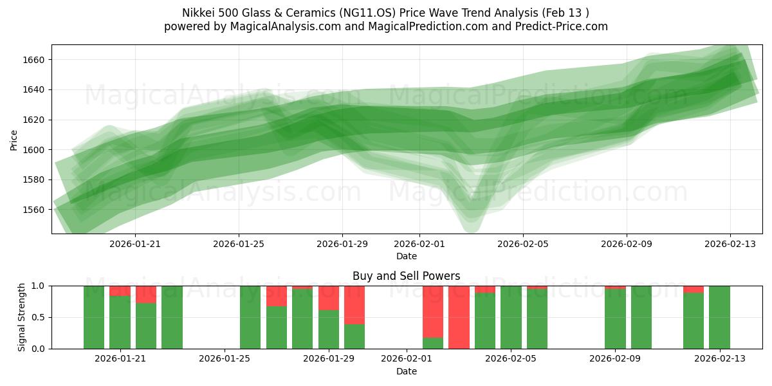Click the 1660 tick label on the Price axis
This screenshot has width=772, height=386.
click(x=35, y=60)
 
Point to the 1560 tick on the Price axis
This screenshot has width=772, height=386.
click(x=35, y=210)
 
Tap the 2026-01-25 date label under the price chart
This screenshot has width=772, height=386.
click(x=239, y=244)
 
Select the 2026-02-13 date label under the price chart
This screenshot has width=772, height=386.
click(x=730, y=244)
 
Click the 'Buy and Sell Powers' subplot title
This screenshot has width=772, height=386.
click(x=406, y=276)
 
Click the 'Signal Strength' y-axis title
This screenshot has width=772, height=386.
click(x=22, y=317)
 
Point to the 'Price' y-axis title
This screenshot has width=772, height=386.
click(x=14, y=139)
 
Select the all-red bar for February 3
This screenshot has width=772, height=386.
click(x=459, y=317)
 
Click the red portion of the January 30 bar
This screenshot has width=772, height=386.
click(x=354, y=304)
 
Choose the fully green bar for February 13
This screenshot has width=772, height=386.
click(x=719, y=317)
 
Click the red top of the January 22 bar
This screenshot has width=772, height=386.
click(x=146, y=294)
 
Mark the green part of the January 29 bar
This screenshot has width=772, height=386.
click(x=329, y=329)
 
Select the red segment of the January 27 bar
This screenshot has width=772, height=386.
click(x=277, y=296)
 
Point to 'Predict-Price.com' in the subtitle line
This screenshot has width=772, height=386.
click(x=562, y=26)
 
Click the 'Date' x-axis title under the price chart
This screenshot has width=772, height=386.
click(x=406, y=256)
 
